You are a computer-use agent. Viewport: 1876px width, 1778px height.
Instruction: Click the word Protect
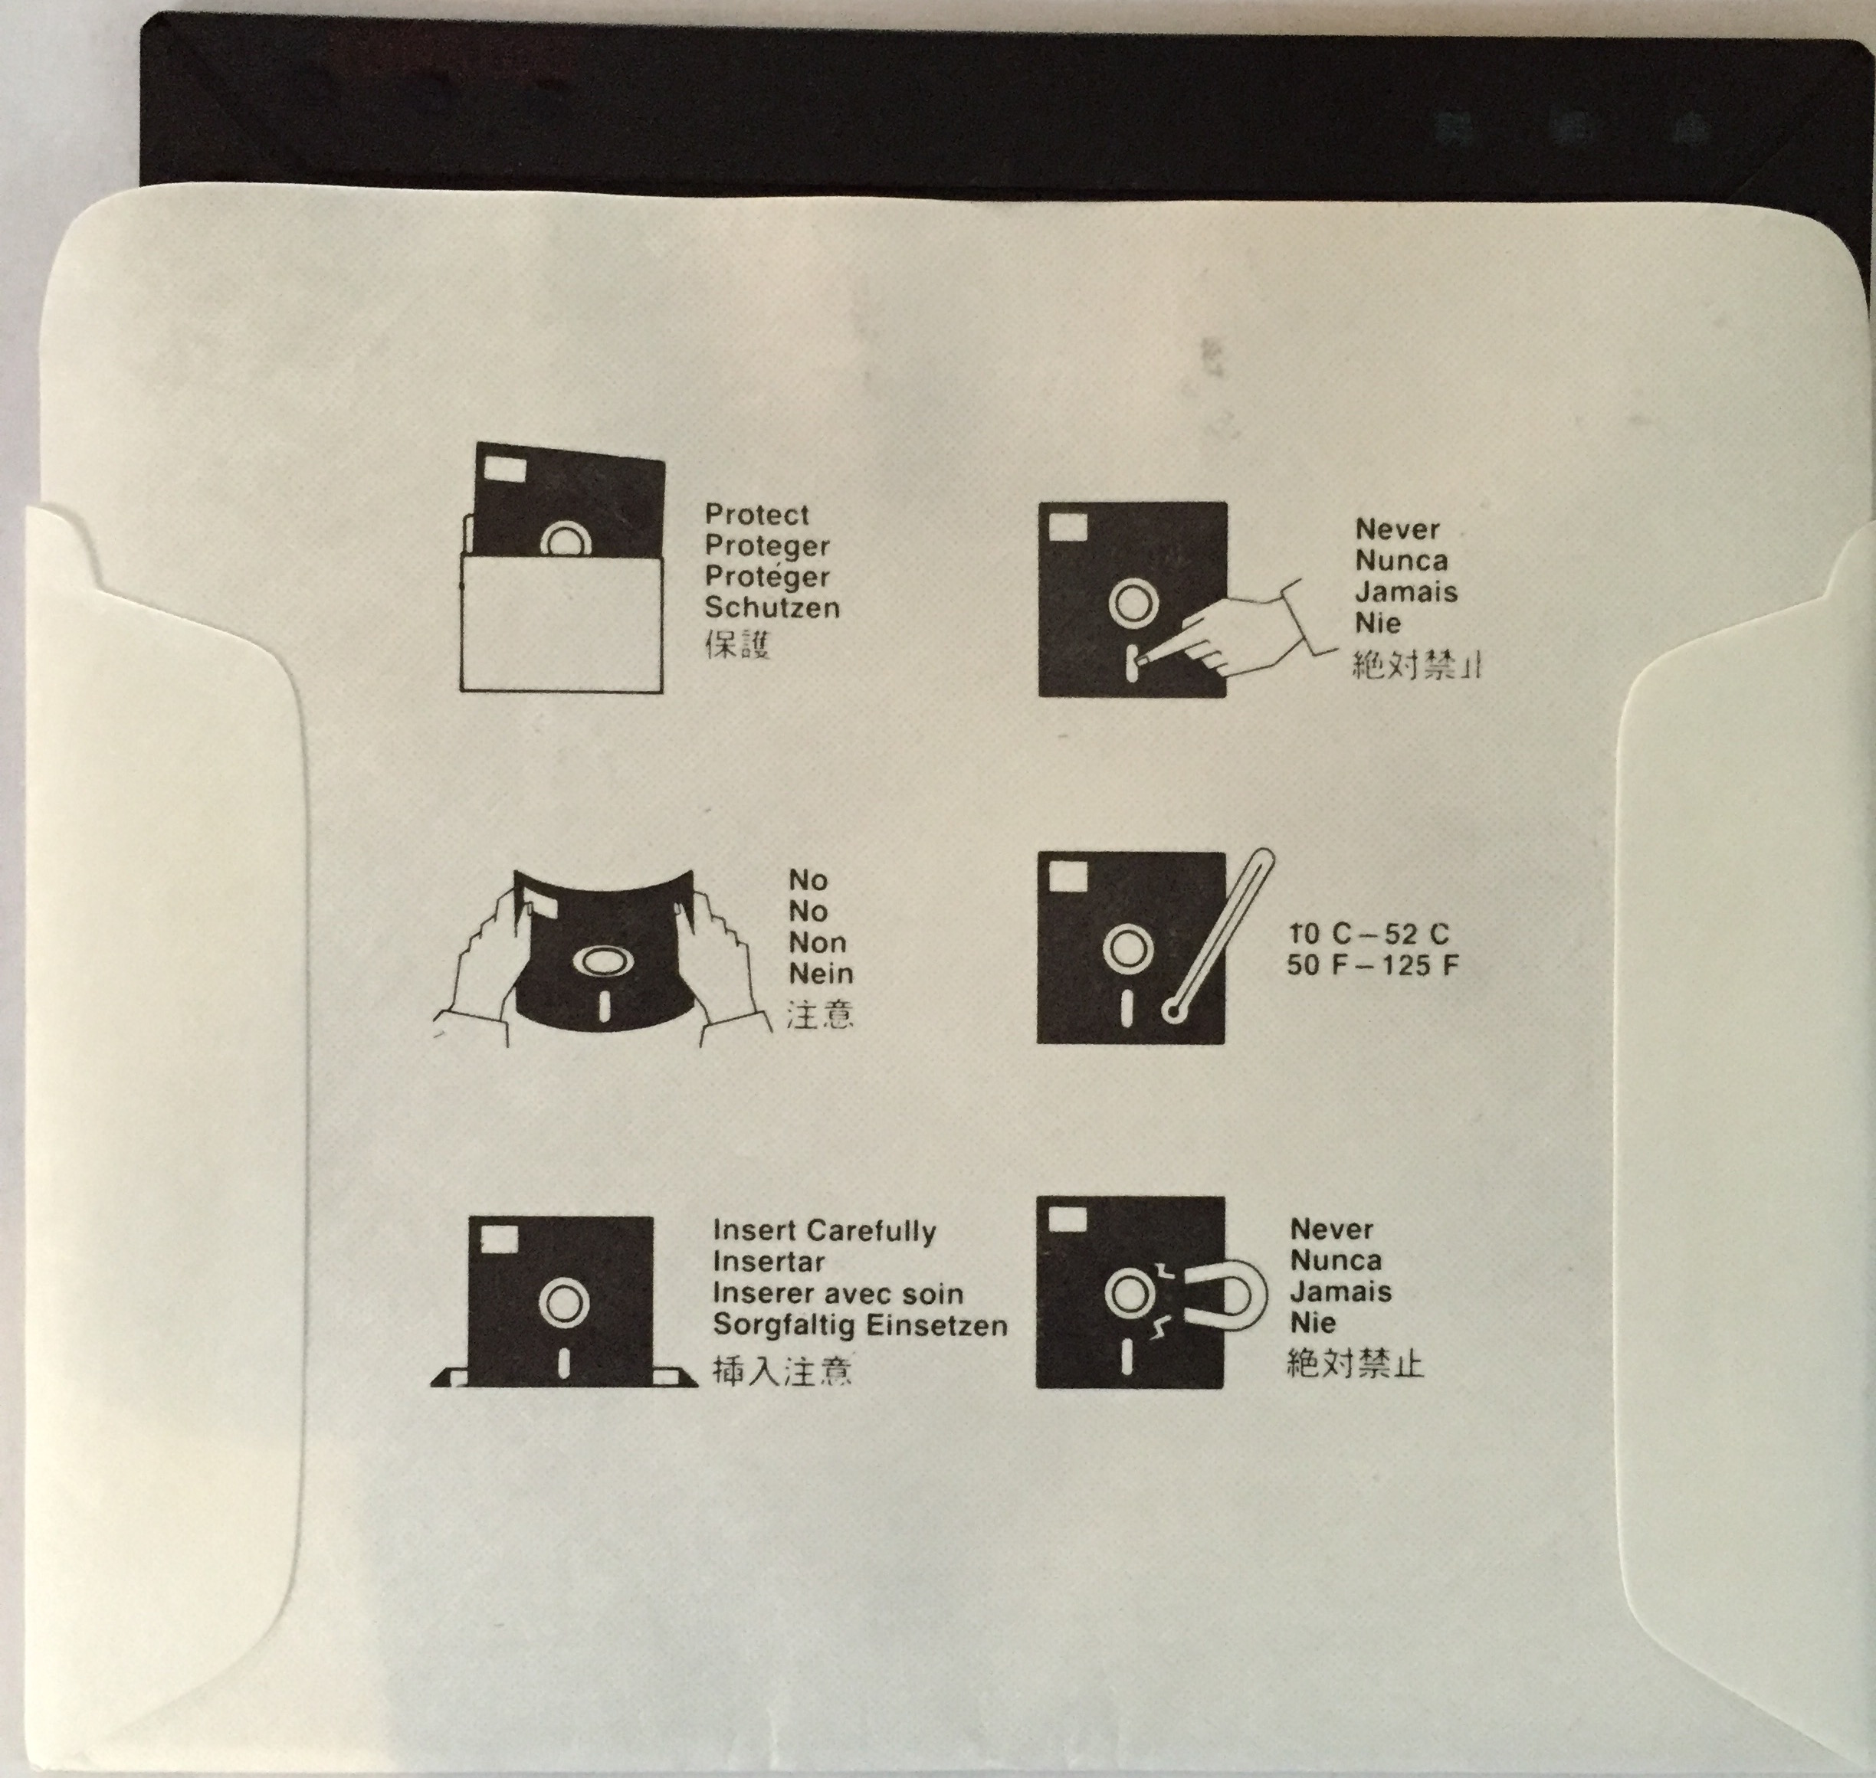click(x=756, y=515)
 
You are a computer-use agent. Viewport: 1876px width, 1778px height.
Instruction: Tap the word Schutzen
click(x=772, y=607)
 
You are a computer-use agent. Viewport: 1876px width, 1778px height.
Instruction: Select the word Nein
click(x=821, y=974)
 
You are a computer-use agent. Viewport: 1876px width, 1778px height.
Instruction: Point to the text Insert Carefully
click(x=824, y=1231)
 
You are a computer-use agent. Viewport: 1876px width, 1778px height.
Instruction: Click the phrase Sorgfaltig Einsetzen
click(x=860, y=1325)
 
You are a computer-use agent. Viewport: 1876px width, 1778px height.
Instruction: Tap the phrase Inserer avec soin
click(x=838, y=1294)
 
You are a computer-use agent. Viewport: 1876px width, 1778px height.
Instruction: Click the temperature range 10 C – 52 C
click(x=1369, y=935)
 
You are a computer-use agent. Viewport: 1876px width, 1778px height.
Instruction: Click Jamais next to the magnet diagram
click(x=1340, y=1292)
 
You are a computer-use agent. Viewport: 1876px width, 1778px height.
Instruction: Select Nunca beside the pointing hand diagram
click(x=1401, y=560)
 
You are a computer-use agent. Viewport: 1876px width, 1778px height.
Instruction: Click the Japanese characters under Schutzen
click(x=737, y=644)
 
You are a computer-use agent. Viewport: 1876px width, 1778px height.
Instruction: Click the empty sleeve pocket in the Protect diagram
click(x=560, y=622)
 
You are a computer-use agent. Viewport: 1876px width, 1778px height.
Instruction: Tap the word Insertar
click(x=769, y=1262)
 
